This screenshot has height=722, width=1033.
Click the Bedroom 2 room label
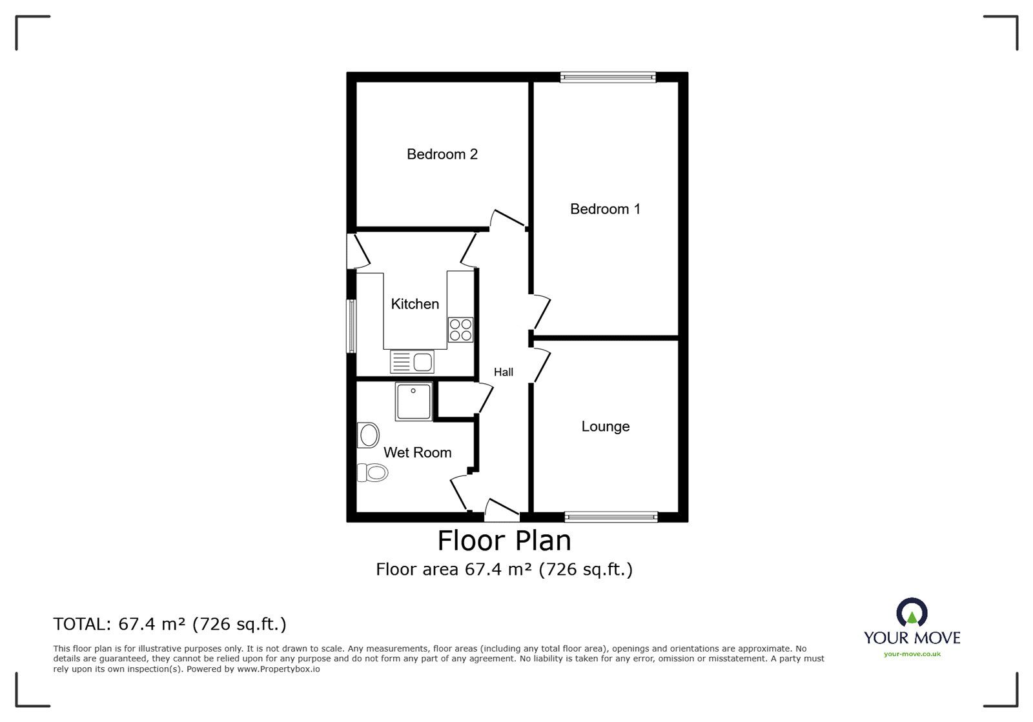442,154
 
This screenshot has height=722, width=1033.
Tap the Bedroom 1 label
605,208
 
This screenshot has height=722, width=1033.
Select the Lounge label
605,426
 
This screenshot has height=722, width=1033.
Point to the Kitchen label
414,304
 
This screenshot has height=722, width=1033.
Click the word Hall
503,372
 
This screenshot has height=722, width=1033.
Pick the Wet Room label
417,452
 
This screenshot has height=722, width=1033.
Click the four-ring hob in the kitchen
461,330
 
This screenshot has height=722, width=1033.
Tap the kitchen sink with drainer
412,362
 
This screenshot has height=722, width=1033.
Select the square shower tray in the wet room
414,401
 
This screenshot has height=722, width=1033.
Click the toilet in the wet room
372,472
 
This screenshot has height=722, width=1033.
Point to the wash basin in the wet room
368,435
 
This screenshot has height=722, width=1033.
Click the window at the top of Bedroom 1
608,77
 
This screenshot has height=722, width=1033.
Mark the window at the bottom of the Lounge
611,517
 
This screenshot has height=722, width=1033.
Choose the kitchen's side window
351,326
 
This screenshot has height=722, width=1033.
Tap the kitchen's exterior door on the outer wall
358,251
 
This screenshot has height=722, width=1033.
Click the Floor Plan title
504,541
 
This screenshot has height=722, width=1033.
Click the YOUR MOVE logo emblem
912,612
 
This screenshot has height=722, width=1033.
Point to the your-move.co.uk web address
912,654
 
